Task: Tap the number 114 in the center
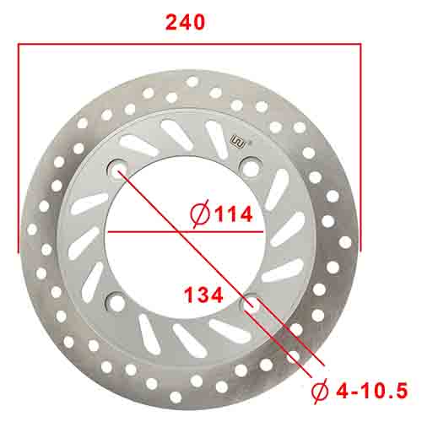(233, 214)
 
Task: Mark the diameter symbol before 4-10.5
(322, 390)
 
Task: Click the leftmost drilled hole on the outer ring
(32, 229)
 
